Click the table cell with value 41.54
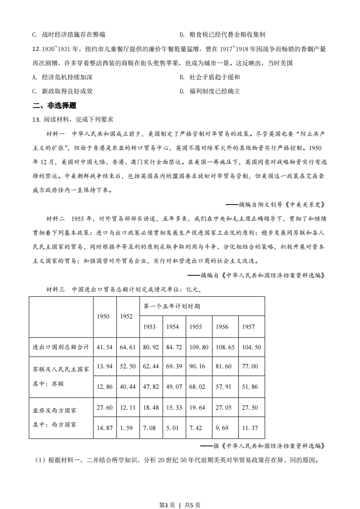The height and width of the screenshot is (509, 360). [x=105, y=347]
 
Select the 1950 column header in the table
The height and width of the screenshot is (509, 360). [x=104, y=316]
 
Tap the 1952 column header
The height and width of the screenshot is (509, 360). [x=126, y=316]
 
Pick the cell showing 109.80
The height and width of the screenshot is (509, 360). [x=199, y=347]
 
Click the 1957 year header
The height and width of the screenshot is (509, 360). [x=248, y=327]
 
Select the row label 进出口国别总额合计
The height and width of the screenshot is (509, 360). [x=61, y=347]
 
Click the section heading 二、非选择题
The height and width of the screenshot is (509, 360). [x=54, y=106]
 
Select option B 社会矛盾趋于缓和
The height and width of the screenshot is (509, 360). [x=210, y=77]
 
